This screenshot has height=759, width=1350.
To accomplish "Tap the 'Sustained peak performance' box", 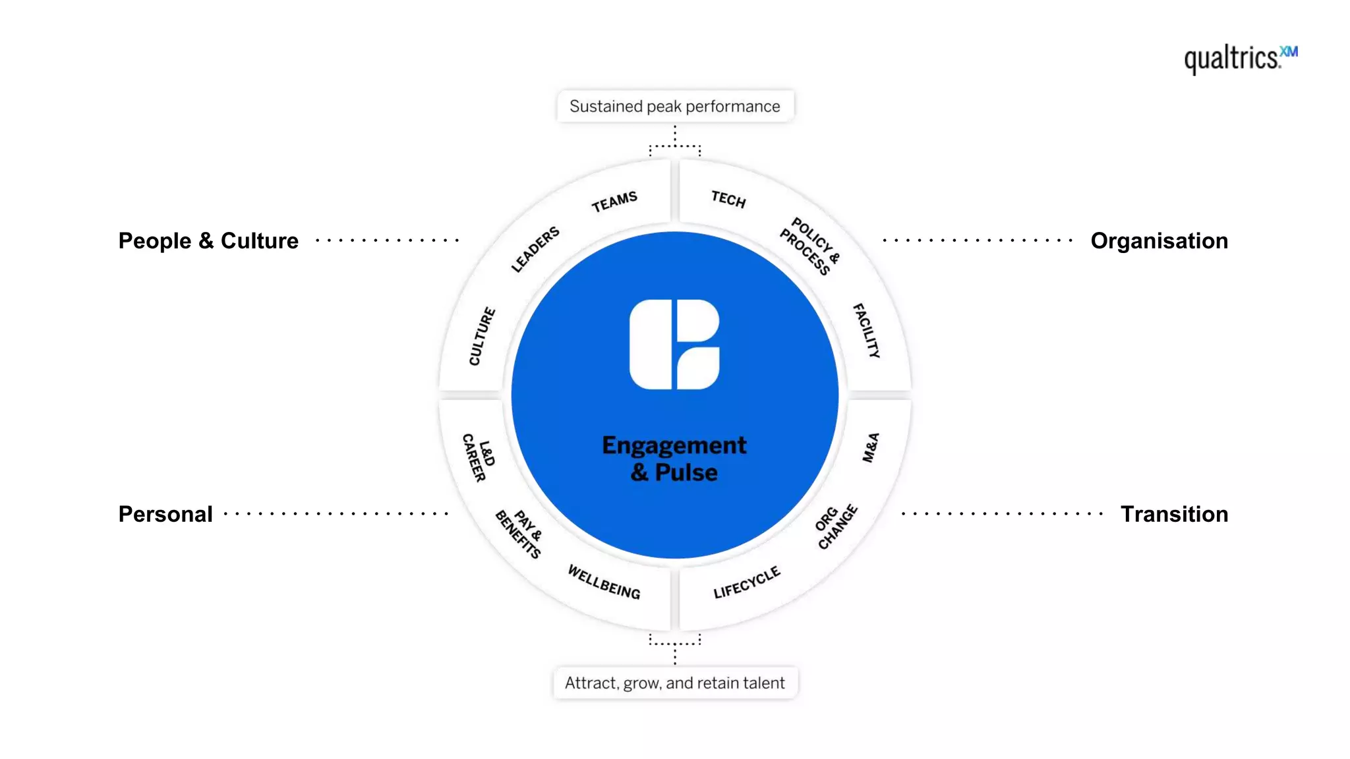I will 675,106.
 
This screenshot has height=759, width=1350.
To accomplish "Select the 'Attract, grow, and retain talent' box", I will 675,683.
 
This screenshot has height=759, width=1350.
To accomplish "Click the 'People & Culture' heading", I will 208,241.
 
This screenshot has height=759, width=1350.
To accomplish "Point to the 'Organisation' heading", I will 1159,241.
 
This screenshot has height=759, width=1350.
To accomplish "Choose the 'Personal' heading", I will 165,514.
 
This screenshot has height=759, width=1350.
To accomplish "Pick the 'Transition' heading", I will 1174,514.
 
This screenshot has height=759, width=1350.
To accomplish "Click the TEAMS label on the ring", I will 614,202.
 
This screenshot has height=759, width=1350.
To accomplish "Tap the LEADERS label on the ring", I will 535,249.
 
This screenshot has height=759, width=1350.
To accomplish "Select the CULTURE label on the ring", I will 482,336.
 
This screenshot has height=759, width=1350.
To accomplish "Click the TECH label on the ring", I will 728,199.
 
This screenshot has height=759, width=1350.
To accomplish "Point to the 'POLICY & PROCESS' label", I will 809,246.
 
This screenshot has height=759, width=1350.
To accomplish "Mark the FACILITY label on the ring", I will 866,331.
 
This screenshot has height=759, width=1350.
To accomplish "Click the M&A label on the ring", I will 871,448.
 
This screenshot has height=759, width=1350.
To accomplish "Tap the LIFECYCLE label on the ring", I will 747,582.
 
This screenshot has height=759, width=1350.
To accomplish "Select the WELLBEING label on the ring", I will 604,582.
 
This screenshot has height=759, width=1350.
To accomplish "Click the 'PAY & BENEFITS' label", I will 519,534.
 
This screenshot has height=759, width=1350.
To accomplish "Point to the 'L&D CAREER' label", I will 479,457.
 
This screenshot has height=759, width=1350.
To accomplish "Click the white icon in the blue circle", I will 674,345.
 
